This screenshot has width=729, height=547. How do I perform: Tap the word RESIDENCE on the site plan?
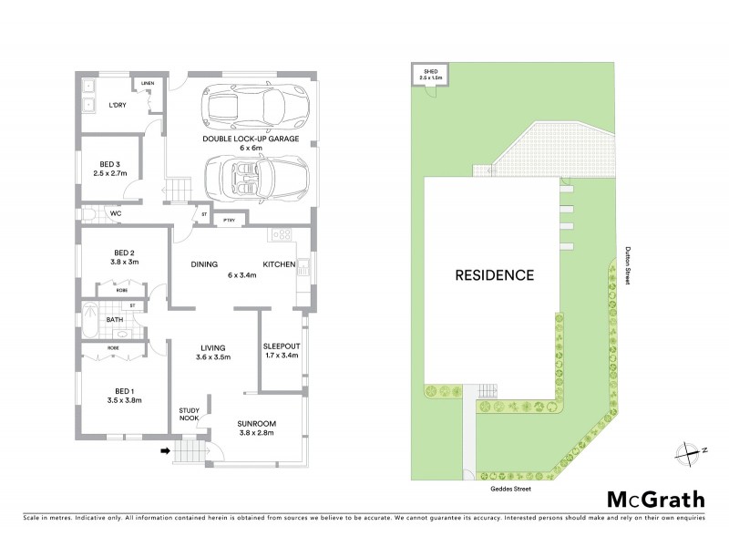495,274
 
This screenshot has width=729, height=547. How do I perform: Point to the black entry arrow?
166,449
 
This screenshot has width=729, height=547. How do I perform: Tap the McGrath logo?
655,499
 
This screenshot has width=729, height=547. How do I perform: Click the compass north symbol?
690,450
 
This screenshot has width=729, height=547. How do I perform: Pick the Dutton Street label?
628,269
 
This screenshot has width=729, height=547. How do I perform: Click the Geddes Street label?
509,489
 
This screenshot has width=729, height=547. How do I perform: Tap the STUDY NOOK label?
188,414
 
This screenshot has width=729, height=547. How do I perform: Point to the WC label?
116,214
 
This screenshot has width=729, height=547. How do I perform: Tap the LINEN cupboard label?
147,84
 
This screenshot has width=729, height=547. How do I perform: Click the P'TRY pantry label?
229,220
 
